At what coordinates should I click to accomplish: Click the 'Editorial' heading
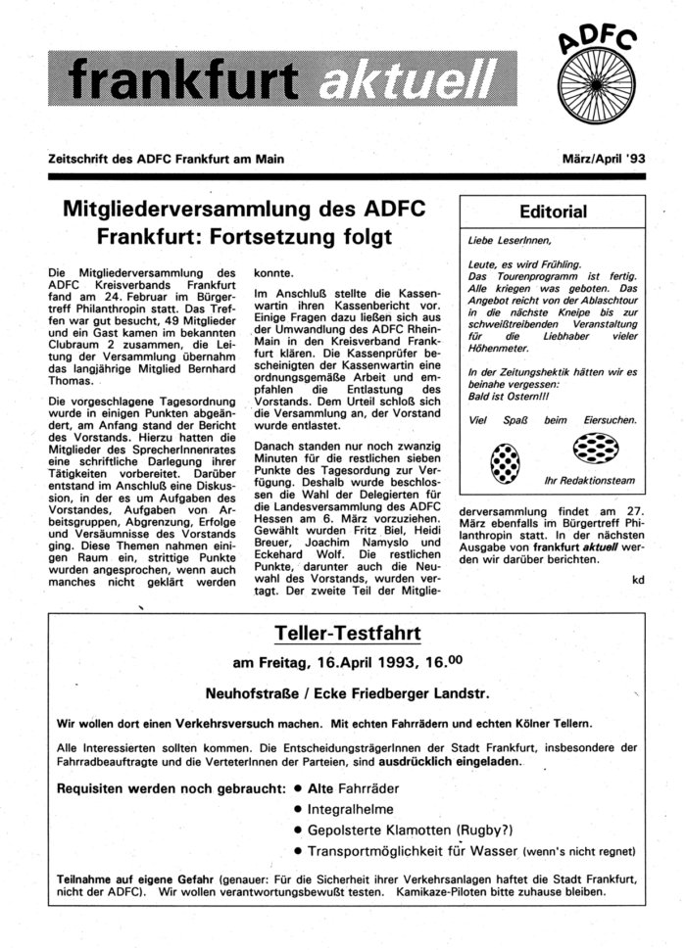(x=554, y=212)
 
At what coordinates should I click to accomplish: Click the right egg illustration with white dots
(x=595, y=448)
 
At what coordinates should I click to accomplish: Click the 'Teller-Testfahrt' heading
(x=348, y=633)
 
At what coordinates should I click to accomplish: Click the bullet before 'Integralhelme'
(x=297, y=809)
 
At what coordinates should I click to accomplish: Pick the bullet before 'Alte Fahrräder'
(x=297, y=787)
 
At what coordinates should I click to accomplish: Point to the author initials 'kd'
(x=639, y=580)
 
